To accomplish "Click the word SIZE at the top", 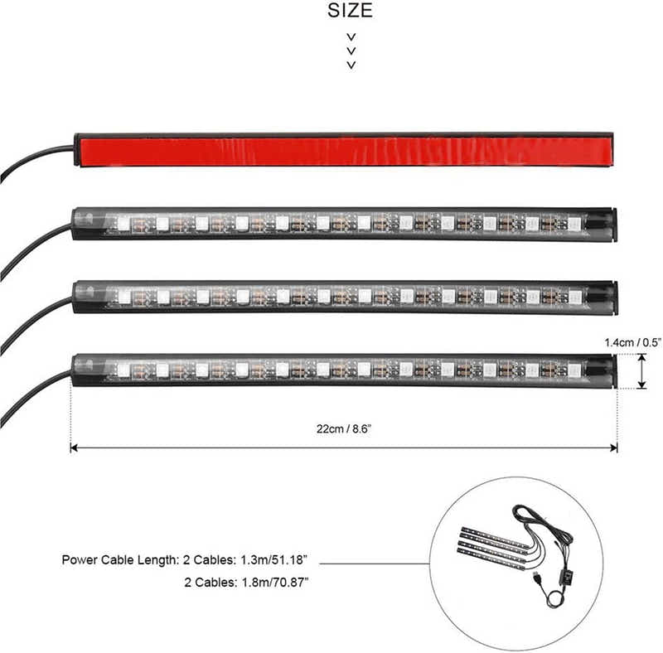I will tap(351, 11).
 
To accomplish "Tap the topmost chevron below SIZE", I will tap(351, 37).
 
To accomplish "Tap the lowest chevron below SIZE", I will tap(351, 65).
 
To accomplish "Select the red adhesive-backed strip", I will tap(344, 150).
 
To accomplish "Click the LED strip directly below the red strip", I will tap(344, 224).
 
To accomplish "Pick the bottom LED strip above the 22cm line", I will tap(344, 370).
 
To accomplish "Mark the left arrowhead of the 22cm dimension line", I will tap(75, 447).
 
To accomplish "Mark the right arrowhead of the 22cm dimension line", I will tap(613, 447).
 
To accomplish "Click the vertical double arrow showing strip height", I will tap(641, 370).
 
